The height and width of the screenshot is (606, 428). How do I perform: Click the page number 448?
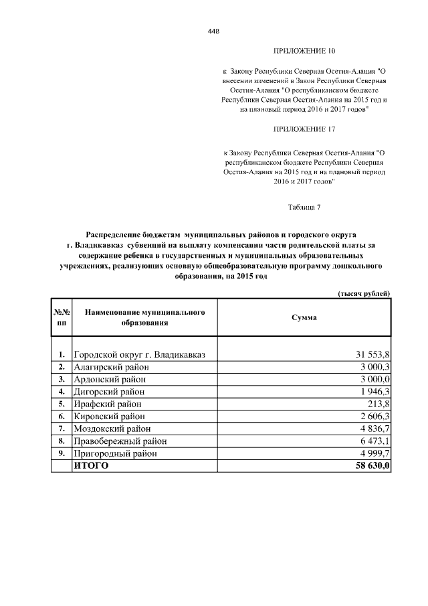coord(213,31)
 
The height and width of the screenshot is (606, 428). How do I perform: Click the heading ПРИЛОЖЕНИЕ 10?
coord(304,51)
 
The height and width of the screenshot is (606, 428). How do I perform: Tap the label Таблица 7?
coord(304,206)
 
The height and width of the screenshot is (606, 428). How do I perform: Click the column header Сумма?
coord(304,317)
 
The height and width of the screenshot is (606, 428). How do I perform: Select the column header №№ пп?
coord(61,317)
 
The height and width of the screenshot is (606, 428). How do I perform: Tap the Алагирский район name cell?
coord(110,367)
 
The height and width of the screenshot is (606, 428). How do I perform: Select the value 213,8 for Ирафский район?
coord(378,404)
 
